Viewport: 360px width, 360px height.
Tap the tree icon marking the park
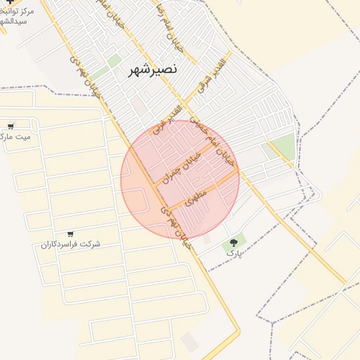(232, 243)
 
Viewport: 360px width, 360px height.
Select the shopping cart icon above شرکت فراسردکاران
(70, 233)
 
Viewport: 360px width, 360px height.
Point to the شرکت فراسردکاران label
(70, 244)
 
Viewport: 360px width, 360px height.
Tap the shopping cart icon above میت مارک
(10, 127)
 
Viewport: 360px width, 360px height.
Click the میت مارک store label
(15, 137)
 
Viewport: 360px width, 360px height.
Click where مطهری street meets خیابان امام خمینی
(238, 171)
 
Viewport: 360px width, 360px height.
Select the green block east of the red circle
(282, 147)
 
